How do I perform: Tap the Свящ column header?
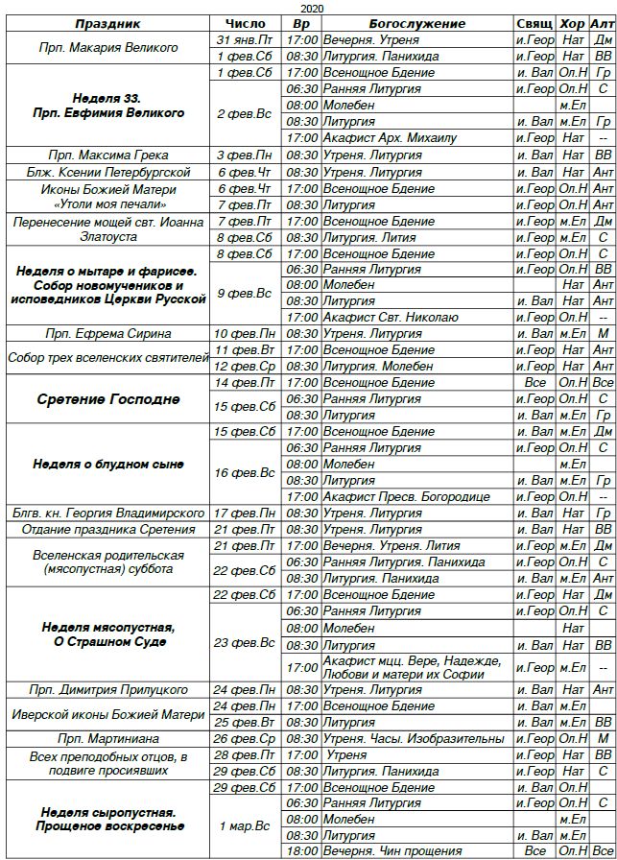click(534, 23)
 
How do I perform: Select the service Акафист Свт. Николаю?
click(391, 317)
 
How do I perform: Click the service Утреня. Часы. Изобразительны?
click(413, 738)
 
